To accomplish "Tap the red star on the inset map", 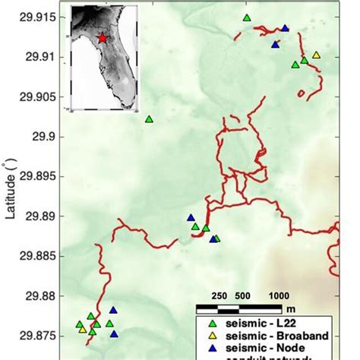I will [102, 37].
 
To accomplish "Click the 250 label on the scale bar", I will [219, 295].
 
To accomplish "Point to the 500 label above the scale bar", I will [242, 295].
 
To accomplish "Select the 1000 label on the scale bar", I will [279, 295].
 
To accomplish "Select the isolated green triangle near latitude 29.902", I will [149, 118].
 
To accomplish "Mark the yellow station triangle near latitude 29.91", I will [316, 55].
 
